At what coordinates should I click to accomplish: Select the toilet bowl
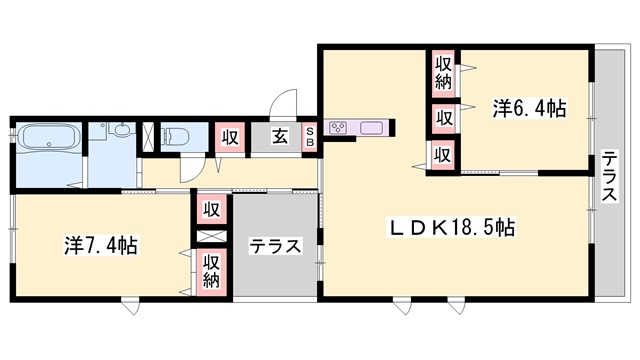(179, 136)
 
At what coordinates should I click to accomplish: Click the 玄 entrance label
(282, 137)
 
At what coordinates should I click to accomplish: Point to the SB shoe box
(310, 136)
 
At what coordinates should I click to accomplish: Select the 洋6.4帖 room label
(528, 109)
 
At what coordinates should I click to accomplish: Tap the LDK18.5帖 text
(452, 228)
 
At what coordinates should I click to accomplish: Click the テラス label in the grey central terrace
(276, 246)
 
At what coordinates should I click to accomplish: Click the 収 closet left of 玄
(229, 137)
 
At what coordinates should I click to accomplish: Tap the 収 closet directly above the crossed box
(211, 209)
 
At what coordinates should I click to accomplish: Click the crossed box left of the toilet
(149, 136)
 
